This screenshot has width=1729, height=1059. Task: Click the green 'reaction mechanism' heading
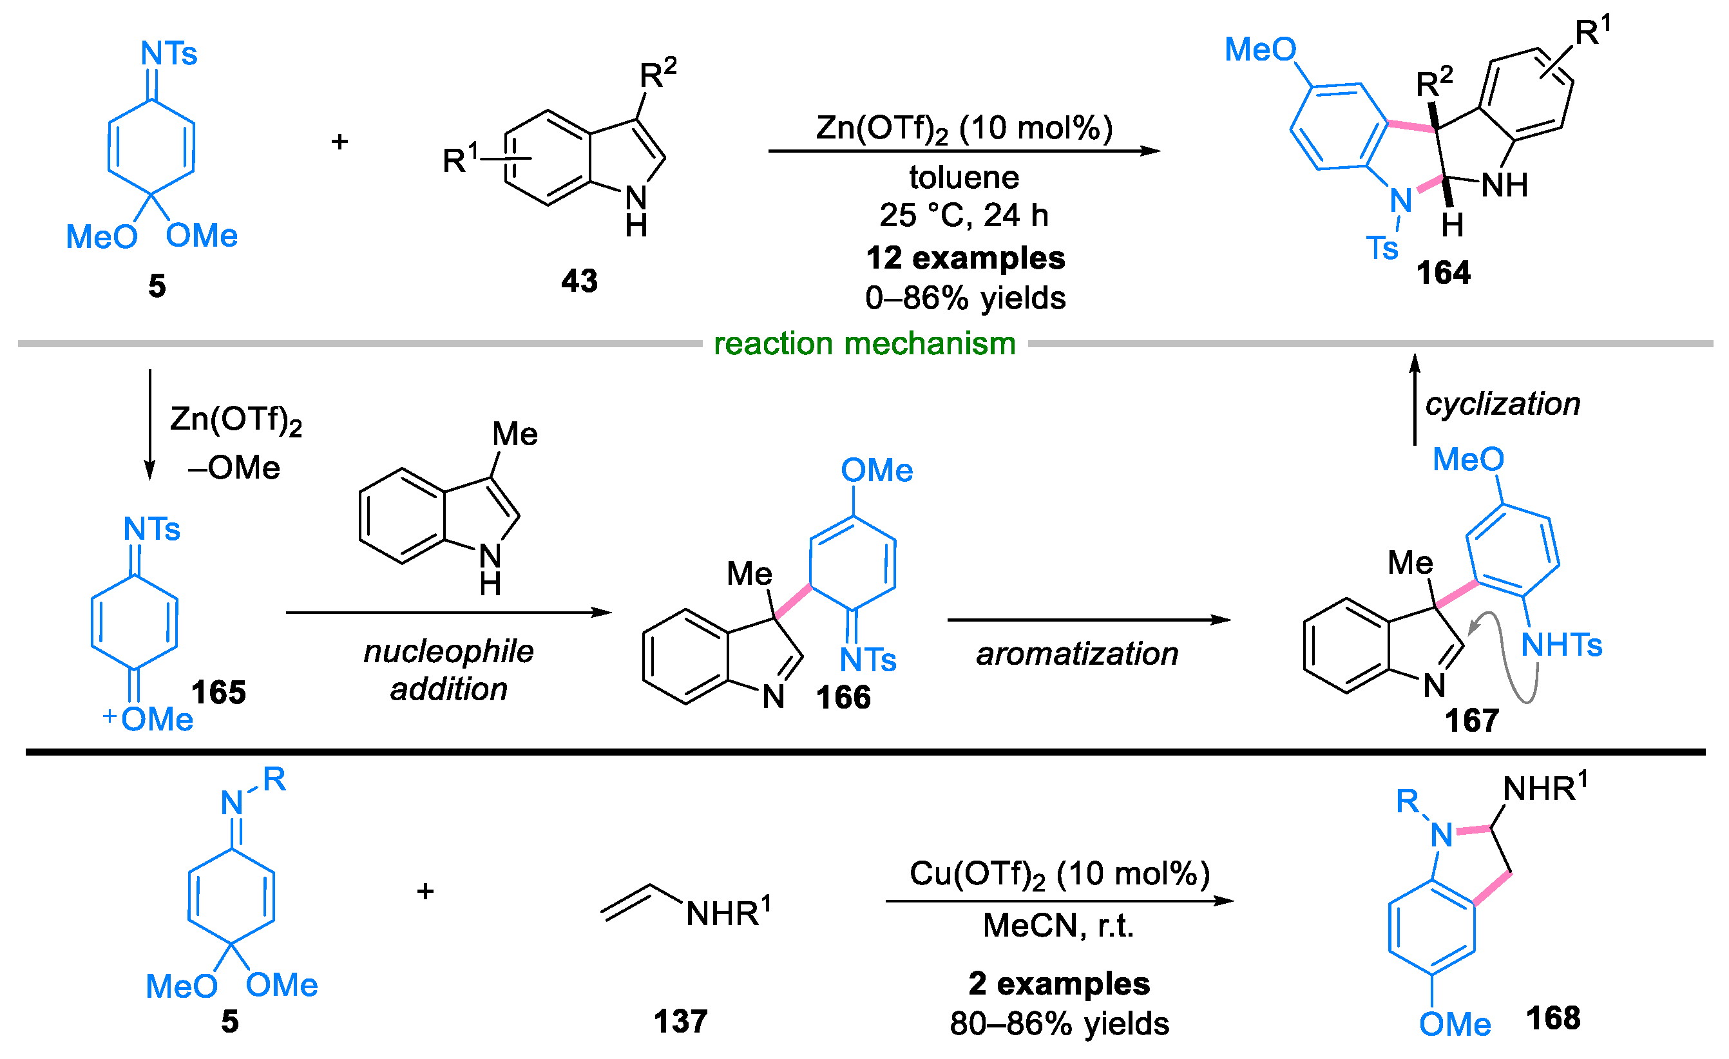pyautogui.click(x=864, y=344)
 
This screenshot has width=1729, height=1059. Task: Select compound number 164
pyautogui.click(x=1443, y=273)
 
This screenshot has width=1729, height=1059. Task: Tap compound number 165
pyautogui.click(x=218, y=692)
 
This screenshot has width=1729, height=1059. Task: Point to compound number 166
pyautogui.click(x=843, y=698)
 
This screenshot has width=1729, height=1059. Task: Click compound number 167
pyautogui.click(x=1471, y=721)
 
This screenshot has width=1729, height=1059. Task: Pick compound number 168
pyautogui.click(x=1553, y=1018)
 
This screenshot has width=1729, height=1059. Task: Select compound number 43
pyautogui.click(x=579, y=281)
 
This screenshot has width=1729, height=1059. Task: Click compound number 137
pyautogui.click(x=680, y=1022)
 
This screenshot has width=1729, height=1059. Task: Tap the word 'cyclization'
pyautogui.click(x=1502, y=405)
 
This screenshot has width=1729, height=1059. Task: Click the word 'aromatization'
pyautogui.click(x=1077, y=654)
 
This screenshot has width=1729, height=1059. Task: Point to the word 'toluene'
pyautogui.click(x=964, y=177)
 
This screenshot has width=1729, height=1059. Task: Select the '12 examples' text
pyautogui.click(x=966, y=258)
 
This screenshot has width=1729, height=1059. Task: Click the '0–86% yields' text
pyautogui.click(x=966, y=298)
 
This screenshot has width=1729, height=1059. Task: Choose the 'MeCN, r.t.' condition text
pyautogui.click(x=1058, y=926)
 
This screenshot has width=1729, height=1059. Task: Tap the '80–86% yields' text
pyautogui.click(x=1060, y=1024)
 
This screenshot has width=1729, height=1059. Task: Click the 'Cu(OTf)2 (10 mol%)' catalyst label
pyautogui.click(x=1060, y=874)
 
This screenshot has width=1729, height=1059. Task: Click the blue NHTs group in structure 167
pyautogui.click(x=1562, y=645)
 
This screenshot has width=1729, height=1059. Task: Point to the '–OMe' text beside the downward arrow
pyautogui.click(x=234, y=468)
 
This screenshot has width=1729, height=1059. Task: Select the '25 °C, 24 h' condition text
pyautogui.click(x=964, y=215)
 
